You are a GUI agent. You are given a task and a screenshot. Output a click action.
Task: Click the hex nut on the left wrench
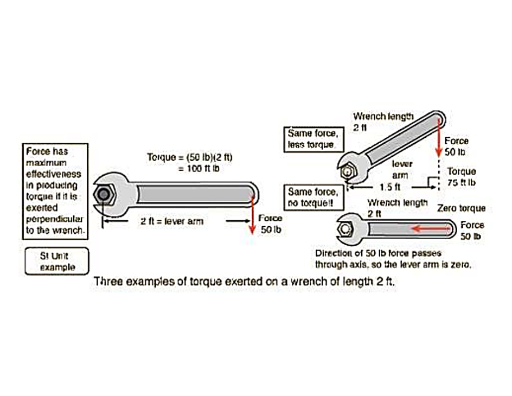tap(101, 194)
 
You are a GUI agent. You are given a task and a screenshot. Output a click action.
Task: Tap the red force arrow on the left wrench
tap(252, 212)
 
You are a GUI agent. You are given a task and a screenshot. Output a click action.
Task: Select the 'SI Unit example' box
tap(56, 261)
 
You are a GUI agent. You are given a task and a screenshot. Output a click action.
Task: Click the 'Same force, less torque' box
tap(311, 139)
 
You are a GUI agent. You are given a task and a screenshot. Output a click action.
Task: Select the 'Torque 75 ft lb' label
tap(461, 177)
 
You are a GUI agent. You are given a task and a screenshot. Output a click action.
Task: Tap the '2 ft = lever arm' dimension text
tap(172, 221)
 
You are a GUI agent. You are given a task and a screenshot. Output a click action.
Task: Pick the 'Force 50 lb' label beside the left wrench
tap(270, 224)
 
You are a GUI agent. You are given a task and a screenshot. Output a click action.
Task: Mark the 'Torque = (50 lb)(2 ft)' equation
tap(190, 157)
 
